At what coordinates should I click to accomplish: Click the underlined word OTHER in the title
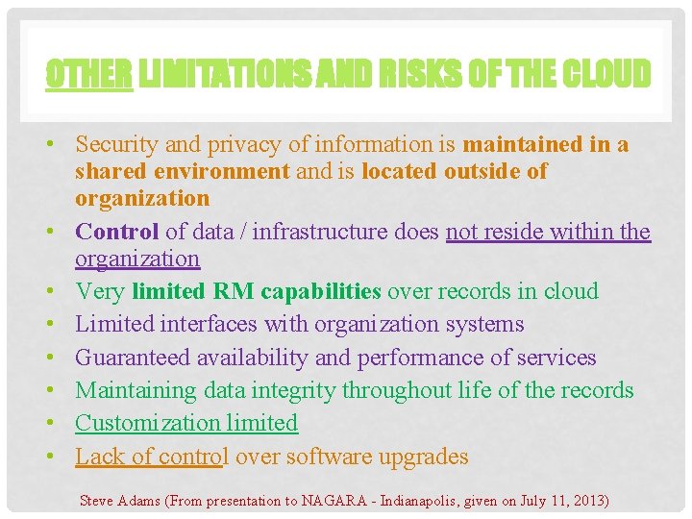(89, 73)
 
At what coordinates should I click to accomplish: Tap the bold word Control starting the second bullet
(117, 232)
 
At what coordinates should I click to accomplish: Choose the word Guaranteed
(133, 358)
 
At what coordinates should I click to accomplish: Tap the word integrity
(292, 390)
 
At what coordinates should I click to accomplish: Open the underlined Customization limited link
(186, 423)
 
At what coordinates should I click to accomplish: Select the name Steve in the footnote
(96, 501)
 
